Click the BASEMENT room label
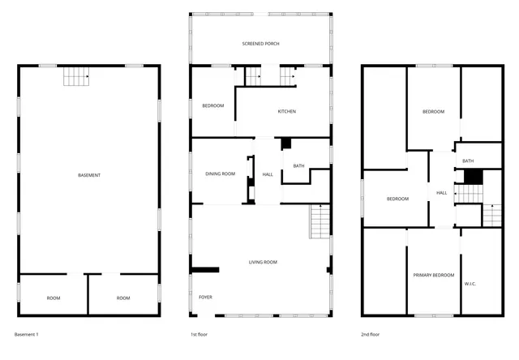pyautogui.click(x=89, y=175)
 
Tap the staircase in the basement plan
pyautogui.click(x=75, y=77)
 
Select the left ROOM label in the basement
pyautogui.click(x=54, y=298)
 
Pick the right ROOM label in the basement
pyautogui.click(x=123, y=298)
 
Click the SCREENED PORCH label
pyautogui.click(x=260, y=43)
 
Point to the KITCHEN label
pyautogui.click(x=287, y=111)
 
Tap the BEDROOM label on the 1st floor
pyautogui.click(x=212, y=105)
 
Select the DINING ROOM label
pyautogui.click(x=220, y=174)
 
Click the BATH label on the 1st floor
pyautogui.click(x=298, y=166)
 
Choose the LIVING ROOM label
pyautogui.click(x=263, y=262)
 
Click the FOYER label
pyautogui.click(x=206, y=298)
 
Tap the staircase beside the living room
pyautogui.click(x=320, y=221)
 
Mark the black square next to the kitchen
pyautogui.click(x=285, y=144)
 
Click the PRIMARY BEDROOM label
pyautogui.click(x=433, y=276)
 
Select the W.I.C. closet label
pyautogui.click(x=470, y=284)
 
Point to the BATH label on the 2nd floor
pyautogui.click(x=468, y=161)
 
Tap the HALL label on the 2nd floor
pyautogui.click(x=442, y=193)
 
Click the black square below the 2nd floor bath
pyautogui.click(x=474, y=176)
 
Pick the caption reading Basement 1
pyautogui.click(x=27, y=334)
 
